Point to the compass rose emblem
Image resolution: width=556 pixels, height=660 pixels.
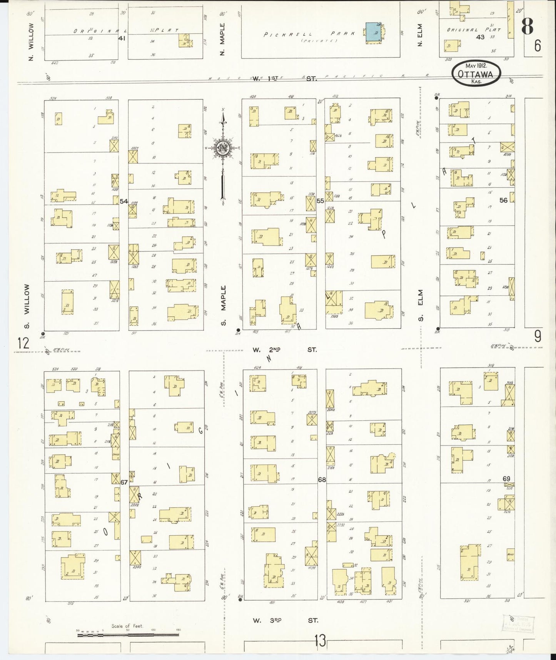[223, 147]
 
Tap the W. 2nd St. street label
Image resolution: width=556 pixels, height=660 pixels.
[285, 350]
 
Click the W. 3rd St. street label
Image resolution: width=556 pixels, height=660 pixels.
[285, 620]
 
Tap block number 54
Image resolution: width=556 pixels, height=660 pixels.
[124, 201]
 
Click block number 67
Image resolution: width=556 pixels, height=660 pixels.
[124, 482]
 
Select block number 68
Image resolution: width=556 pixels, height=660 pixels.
[322, 480]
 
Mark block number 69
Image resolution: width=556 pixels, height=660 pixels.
[506, 479]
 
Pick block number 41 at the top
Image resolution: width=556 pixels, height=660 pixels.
[122, 39]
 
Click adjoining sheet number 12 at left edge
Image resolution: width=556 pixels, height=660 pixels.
[23, 342]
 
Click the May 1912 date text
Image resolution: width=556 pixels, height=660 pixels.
[476, 66]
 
